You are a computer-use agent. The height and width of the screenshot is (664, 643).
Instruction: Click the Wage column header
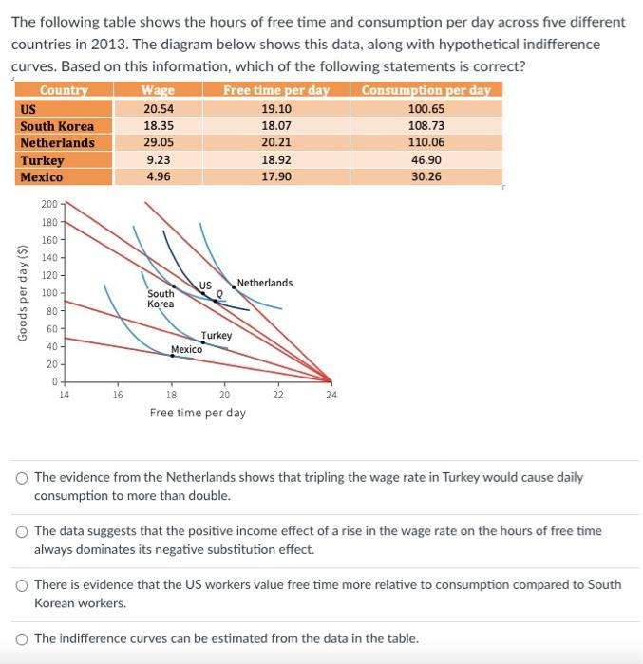(158, 91)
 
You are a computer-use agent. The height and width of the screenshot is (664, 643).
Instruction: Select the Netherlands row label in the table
(58, 143)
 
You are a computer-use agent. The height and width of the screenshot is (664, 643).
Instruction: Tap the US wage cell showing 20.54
(158, 109)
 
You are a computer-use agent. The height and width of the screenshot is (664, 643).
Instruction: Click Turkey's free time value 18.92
(275, 160)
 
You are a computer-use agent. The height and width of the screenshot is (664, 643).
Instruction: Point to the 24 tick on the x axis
(331, 395)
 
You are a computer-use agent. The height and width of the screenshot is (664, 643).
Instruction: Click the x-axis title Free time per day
(198, 413)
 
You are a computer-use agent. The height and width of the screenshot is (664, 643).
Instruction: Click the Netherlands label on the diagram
(265, 283)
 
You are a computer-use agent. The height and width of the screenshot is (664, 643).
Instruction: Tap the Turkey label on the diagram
(217, 336)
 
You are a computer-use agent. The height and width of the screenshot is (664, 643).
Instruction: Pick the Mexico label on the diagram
(186, 350)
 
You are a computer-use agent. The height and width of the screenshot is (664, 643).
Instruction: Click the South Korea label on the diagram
(161, 299)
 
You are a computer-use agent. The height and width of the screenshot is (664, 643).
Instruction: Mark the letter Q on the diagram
(219, 294)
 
